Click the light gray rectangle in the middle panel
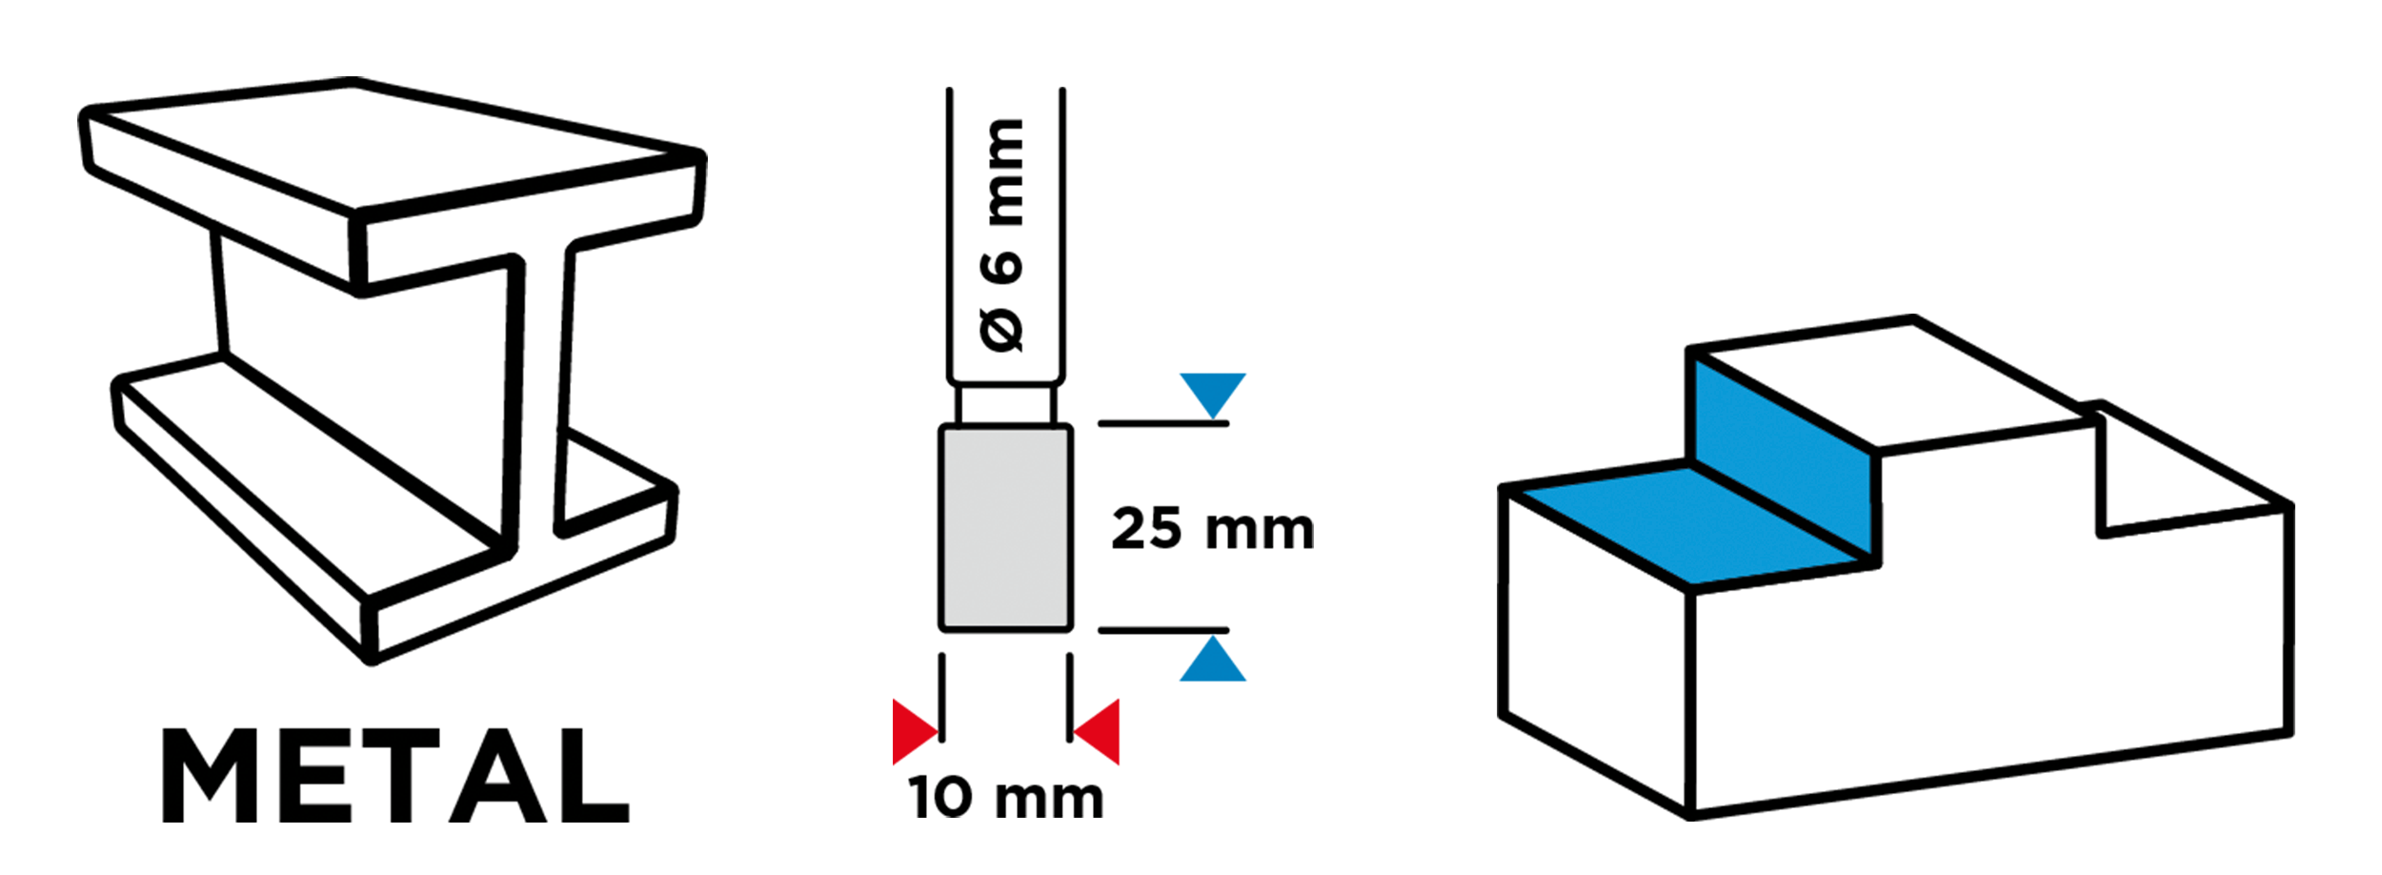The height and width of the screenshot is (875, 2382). click(1005, 527)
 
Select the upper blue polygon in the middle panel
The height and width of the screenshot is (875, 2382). click(1239, 315)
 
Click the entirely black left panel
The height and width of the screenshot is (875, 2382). click(392, 448)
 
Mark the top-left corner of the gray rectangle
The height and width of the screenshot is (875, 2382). click(945, 431)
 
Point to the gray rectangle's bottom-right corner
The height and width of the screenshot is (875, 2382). click(1066, 625)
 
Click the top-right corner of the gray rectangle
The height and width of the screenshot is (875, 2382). click(1066, 431)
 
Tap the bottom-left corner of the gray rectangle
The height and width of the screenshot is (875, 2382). click(945, 625)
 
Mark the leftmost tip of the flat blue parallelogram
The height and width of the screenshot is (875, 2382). click(1524, 492)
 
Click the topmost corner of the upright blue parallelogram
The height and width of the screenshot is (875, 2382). click(1697, 361)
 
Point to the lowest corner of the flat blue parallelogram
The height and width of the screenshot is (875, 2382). click(1691, 583)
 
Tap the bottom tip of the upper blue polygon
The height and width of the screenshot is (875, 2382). click(1213, 417)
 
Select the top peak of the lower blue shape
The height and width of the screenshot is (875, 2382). click(1213, 636)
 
